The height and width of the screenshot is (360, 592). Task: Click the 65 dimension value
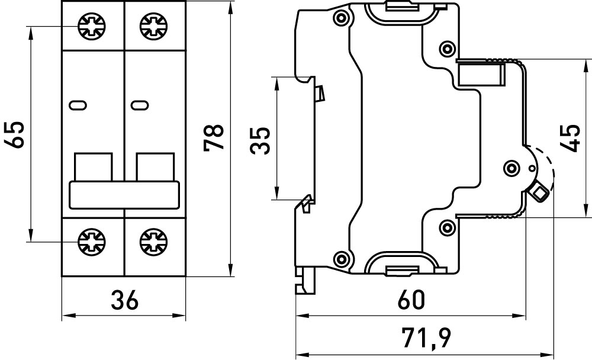[x=16, y=134]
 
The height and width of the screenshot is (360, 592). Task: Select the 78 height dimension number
[x=214, y=137]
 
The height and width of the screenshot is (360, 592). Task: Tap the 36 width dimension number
[x=124, y=300]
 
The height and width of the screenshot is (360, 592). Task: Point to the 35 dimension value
[x=260, y=140]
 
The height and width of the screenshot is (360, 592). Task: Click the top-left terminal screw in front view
[x=92, y=25]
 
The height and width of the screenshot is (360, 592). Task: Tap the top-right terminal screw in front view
[x=153, y=25]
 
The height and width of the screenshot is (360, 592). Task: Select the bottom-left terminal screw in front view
[x=92, y=241]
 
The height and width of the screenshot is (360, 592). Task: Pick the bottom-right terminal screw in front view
[x=153, y=241]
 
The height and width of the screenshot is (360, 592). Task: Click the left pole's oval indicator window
[x=78, y=106]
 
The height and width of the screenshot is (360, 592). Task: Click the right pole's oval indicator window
[x=140, y=106]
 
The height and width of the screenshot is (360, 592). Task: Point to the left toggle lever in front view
[x=93, y=166]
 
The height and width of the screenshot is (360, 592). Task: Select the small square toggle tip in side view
[x=540, y=191]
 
